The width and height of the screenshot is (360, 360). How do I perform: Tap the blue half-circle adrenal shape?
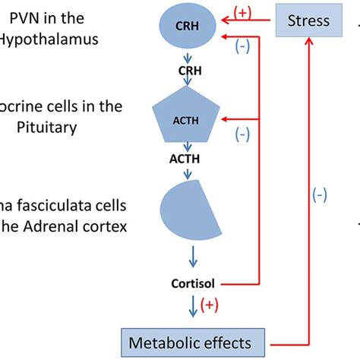pyautogui.click(x=187, y=207)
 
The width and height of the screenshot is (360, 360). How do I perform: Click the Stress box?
pyautogui.click(x=308, y=21)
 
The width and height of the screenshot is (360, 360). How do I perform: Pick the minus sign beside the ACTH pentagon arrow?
pyautogui.click(x=242, y=134)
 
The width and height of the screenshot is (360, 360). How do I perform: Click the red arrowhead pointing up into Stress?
pyautogui.click(x=308, y=43)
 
